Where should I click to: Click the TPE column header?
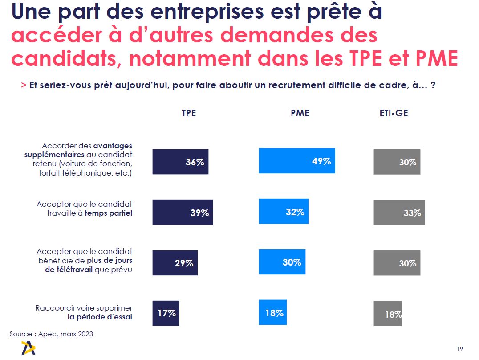pyautogui.click(x=189, y=113)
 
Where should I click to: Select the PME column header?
pyautogui.click(x=300, y=113)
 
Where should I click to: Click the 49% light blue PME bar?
pyautogui.click(x=296, y=161)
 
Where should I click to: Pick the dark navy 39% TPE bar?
pyautogui.click(x=183, y=212)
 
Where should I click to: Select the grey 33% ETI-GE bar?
pyautogui.click(x=399, y=212)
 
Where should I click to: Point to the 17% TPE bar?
pyautogui.click(x=166, y=313)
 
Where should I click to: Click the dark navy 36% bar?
pyautogui.click(x=180, y=161)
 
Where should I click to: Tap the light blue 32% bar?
pyautogui.click(x=283, y=211)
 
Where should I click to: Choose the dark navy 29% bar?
pyautogui.click(x=175, y=262)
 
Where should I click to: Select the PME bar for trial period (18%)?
pyautogui.click(x=272, y=312)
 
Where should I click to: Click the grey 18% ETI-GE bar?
pyautogui.click(x=387, y=314)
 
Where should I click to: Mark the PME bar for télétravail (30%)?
pyautogui.click(x=282, y=262)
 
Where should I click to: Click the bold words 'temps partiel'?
pyautogui.click(x=108, y=213)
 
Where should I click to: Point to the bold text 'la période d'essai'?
pyautogui.click(x=100, y=317)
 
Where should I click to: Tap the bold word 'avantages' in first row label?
pyautogui.click(x=113, y=146)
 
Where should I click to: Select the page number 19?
pyautogui.click(x=459, y=348)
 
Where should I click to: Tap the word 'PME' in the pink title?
pyautogui.click(x=430, y=58)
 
